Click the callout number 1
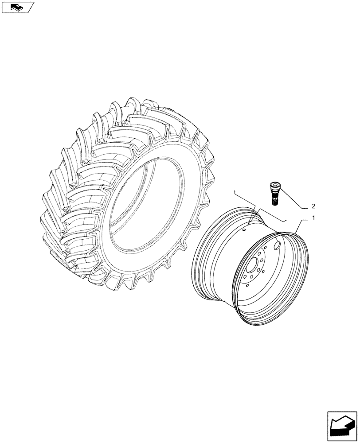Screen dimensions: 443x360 click(x=313, y=218)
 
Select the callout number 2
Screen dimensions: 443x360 click(x=313, y=206)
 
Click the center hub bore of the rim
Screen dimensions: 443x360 click(x=254, y=268)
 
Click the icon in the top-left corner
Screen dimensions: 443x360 click(x=17, y=7)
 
